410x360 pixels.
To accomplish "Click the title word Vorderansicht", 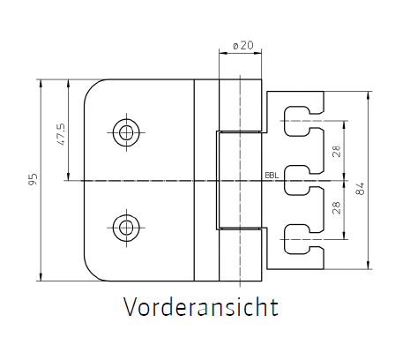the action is tap(201, 306).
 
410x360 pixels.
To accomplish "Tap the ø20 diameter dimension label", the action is tap(242, 46).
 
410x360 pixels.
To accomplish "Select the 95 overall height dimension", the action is tap(34, 179).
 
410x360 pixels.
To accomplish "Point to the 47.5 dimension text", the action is tap(62, 134).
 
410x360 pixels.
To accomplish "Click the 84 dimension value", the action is tap(360, 189).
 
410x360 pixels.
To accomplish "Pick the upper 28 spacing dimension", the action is tap(337, 151).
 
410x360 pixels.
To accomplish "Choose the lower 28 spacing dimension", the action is tap(337, 207).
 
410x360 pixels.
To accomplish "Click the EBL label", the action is tap(272, 176).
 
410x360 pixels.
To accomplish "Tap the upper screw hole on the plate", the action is tap(126, 132).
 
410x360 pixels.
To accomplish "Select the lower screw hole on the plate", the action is tap(126, 228).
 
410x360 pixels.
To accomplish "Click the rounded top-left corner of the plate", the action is tap(91, 86).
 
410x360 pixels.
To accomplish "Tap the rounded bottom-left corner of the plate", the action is tap(91, 274).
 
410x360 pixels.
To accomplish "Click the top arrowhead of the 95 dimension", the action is tap(41, 83).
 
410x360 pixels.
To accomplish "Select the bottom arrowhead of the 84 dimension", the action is tap(369, 265).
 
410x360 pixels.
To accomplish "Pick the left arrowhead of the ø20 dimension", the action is tap(223, 53).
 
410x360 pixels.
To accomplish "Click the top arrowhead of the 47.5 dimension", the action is tap(69, 83).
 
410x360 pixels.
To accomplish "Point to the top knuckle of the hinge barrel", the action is tap(241, 105).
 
